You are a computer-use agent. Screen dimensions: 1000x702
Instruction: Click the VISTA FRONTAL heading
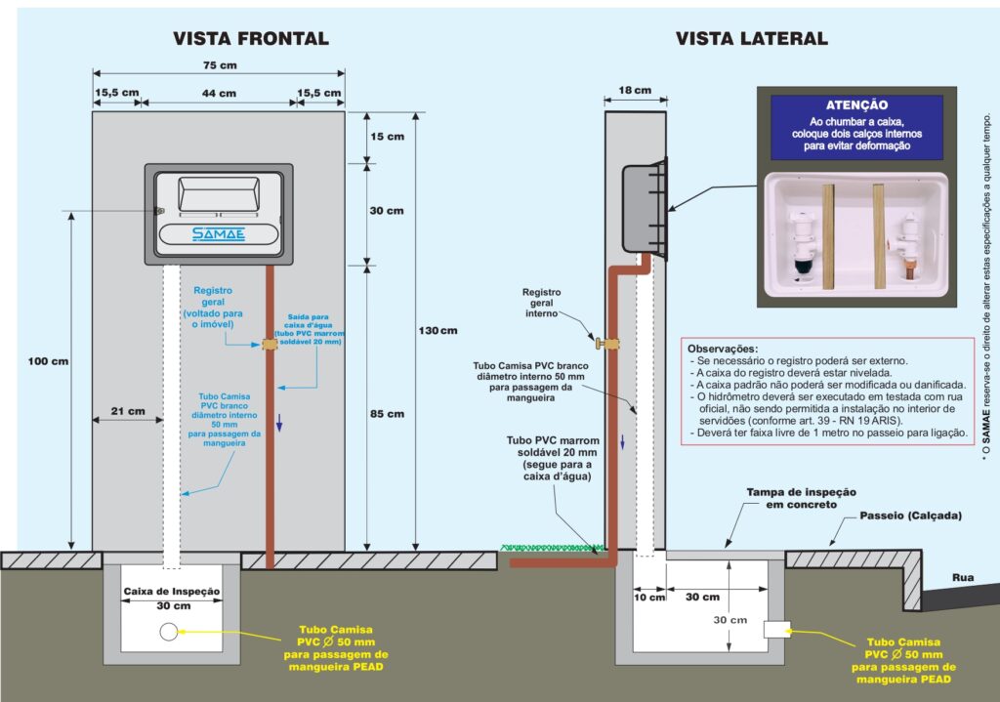pos(251,39)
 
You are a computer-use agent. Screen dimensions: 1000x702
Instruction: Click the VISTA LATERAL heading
pos(752,39)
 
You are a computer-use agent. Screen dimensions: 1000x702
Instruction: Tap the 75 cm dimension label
pos(220,65)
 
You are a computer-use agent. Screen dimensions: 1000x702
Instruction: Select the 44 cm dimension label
pos(220,93)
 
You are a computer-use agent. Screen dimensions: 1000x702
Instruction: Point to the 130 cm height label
pos(438,330)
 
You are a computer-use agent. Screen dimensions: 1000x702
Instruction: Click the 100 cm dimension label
pos(48,361)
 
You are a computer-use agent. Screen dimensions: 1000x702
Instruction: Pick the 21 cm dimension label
pos(128,411)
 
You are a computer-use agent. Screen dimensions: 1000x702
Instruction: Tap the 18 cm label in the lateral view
pos(635,91)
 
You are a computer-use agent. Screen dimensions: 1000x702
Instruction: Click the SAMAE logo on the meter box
pos(219,234)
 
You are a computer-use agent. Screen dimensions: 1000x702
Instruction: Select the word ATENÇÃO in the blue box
pos(856,105)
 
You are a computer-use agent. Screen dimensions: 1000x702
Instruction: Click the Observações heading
pos(723,349)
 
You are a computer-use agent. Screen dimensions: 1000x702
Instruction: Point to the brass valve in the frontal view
pos(270,345)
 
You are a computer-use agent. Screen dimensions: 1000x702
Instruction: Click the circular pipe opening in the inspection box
pos(168,632)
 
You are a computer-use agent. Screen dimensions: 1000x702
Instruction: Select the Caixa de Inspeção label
pos(172,592)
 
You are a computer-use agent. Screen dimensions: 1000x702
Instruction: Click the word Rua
pos(963,578)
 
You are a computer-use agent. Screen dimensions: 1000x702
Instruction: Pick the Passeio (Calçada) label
pos(911,516)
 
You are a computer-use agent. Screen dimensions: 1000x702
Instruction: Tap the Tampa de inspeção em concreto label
pos(801,498)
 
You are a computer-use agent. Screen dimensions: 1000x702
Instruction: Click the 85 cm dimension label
pos(387,414)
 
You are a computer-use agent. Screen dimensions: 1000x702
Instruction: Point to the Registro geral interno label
pos(541,303)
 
